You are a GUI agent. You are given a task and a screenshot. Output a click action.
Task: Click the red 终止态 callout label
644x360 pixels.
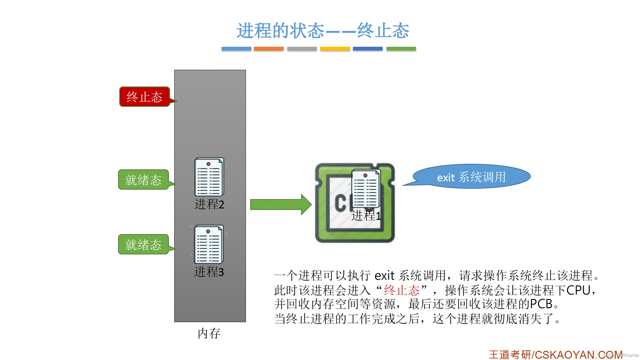point(145,97)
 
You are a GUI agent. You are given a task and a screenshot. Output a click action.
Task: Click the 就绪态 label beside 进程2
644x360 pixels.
point(144,180)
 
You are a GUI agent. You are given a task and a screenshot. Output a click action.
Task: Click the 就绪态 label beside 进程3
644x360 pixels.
point(144,244)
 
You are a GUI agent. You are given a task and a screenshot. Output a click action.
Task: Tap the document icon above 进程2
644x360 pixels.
point(209,177)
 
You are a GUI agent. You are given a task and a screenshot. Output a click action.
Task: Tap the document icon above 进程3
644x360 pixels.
point(209,244)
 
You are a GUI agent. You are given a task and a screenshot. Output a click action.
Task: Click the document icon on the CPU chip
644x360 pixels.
point(366,189)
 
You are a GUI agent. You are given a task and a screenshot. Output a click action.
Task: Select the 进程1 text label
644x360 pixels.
point(366,216)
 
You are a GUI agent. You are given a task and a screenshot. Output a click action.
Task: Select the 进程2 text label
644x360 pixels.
point(209,204)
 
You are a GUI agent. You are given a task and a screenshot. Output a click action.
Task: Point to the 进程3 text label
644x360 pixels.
point(209,272)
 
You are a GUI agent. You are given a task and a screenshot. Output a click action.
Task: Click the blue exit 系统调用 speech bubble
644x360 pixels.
point(471,177)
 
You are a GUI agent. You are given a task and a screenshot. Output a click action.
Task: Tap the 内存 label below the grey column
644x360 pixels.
point(209,333)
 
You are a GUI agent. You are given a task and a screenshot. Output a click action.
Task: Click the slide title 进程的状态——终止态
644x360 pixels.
point(323,31)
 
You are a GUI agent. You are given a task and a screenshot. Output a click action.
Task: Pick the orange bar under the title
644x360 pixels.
point(269,49)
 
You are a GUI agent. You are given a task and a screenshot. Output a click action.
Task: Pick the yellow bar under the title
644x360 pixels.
point(335,49)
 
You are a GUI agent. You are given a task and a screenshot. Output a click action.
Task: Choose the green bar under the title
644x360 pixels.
point(401,49)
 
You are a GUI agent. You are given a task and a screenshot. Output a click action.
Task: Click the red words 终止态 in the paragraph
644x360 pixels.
point(402,290)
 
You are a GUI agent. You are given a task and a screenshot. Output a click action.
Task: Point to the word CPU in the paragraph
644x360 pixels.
point(578,290)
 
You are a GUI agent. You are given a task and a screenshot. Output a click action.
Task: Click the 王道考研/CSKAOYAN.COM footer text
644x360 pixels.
point(556,355)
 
